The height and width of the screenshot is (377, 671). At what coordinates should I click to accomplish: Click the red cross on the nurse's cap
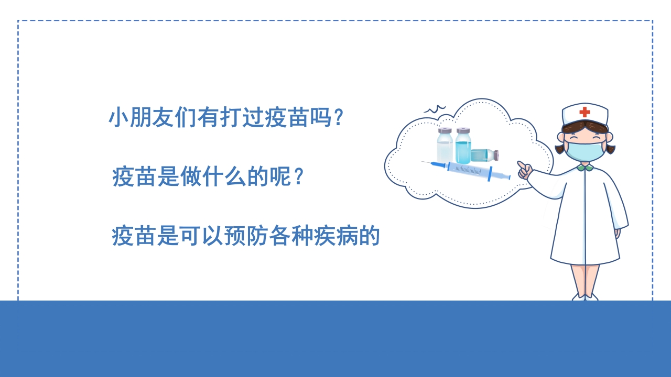(585, 112)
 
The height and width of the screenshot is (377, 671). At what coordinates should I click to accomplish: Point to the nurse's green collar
(585, 168)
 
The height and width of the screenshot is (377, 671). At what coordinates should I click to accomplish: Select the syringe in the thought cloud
(467, 170)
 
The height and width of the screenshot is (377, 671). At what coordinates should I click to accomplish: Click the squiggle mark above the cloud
(434, 109)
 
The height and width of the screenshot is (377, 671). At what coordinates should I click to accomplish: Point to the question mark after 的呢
(298, 177)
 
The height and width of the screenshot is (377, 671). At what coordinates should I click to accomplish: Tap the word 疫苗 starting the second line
(134, 177)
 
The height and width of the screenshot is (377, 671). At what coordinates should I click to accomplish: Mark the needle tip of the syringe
(423, 162)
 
